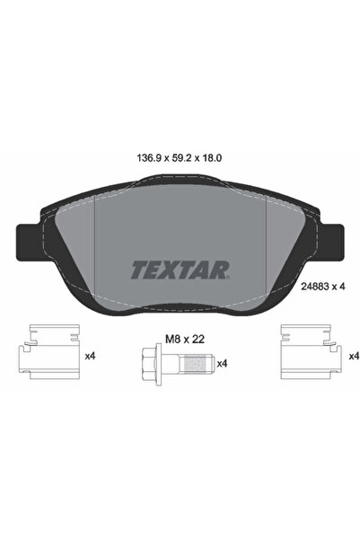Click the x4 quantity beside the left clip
point(91,357)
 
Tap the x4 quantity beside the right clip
point(353,357)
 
